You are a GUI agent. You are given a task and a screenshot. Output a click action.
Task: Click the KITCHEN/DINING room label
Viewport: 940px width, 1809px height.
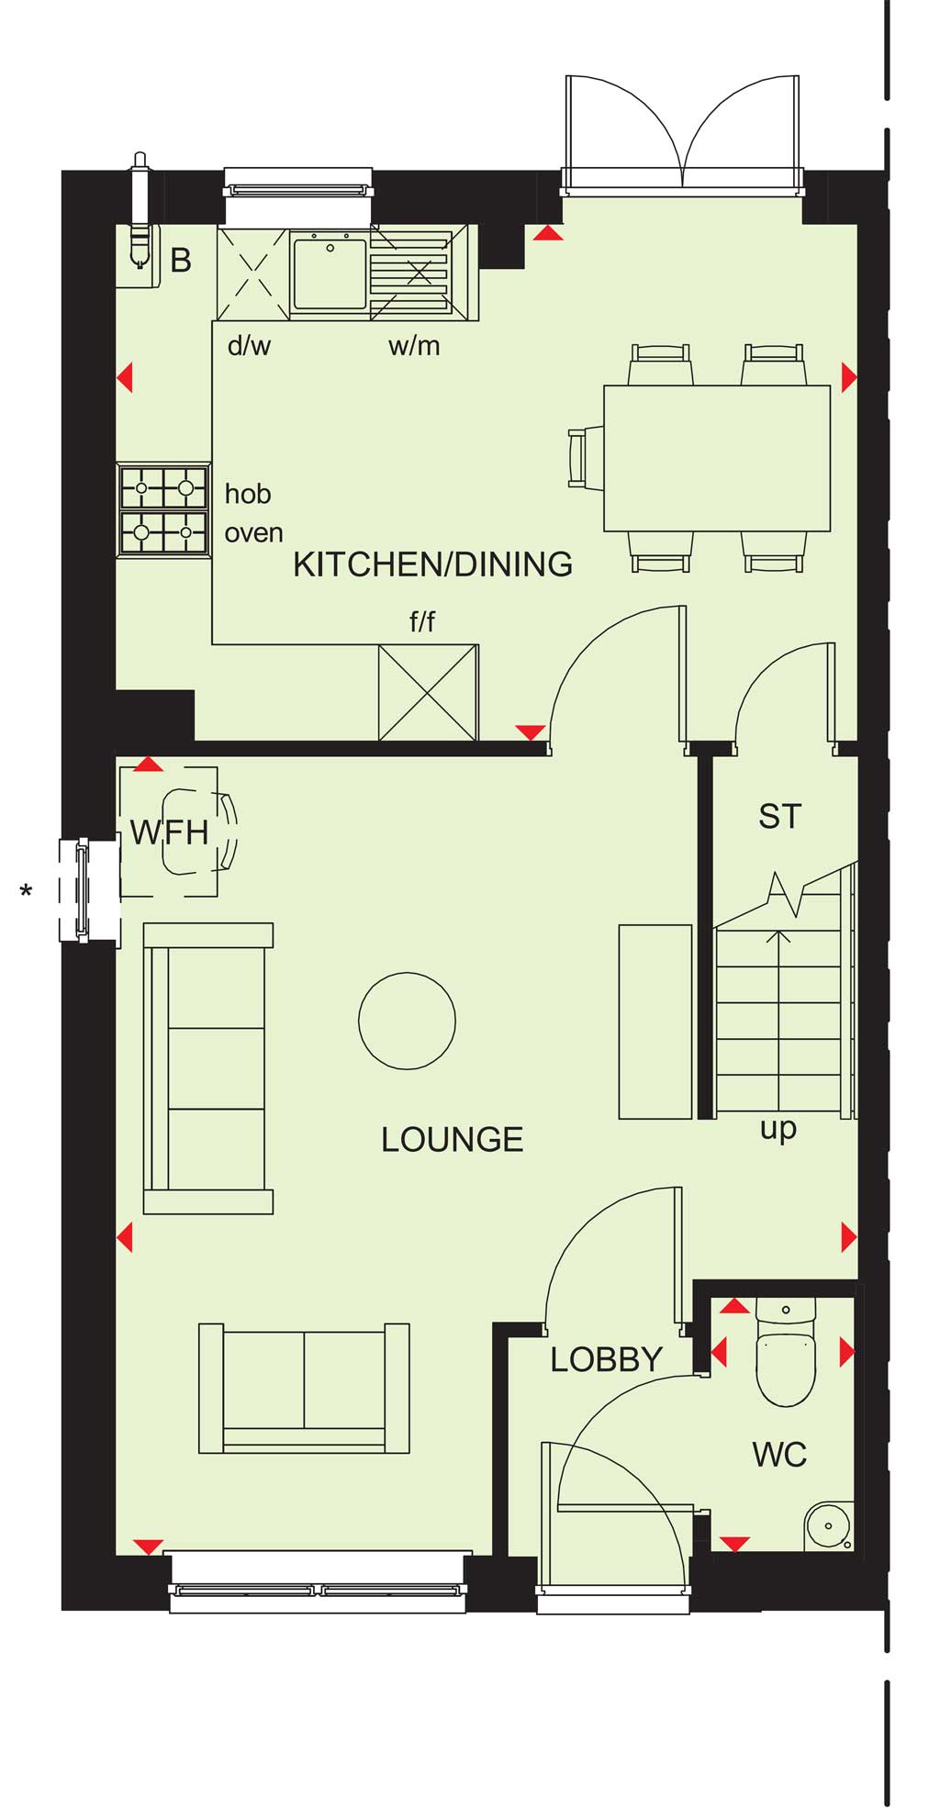(432, 564)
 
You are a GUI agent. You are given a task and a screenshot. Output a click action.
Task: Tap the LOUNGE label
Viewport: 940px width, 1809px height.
(452, 1140)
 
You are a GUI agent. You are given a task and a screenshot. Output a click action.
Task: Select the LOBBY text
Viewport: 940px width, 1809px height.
(606, 1359)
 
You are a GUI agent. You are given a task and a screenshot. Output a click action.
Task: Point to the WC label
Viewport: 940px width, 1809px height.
(779, 1455)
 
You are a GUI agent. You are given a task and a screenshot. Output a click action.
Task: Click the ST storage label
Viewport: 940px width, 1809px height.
(780, 817)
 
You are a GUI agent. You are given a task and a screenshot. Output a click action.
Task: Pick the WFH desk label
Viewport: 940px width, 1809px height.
(169, 832)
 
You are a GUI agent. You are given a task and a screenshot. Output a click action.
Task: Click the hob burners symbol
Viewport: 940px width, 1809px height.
(164, 509)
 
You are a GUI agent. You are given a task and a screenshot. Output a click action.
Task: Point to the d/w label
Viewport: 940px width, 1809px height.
(249, 346)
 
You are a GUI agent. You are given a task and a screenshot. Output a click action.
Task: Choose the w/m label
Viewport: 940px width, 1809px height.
(414, 346)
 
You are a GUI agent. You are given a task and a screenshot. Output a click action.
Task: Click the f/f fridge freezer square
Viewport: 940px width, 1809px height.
(428, 692)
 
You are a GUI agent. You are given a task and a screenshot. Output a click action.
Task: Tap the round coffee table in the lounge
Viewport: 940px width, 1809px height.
(407, 1021)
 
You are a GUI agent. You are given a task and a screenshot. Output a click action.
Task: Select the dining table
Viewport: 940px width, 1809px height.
(717, 458)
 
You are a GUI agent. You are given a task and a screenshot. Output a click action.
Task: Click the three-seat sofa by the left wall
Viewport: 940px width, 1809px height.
(208, 1068)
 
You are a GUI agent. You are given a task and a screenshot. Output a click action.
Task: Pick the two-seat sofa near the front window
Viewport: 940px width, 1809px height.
(304, 1389)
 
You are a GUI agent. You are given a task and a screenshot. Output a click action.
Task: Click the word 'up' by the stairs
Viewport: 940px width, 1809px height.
(778, 1130)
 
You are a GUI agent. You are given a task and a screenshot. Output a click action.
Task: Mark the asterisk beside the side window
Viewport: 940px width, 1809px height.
(27, 889)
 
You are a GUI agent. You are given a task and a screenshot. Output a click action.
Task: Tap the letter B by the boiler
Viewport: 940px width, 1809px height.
(182, 261)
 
